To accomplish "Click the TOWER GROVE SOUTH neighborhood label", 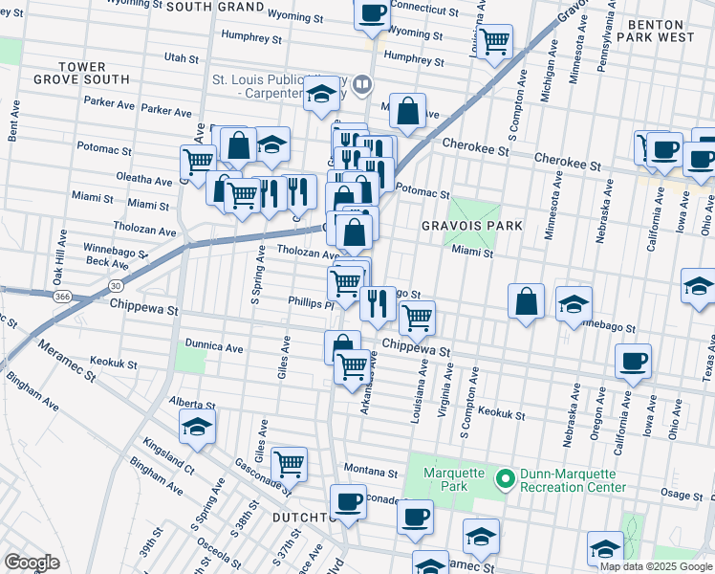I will point(93,73).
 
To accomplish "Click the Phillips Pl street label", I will point(310,303).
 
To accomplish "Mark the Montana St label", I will point(371,473).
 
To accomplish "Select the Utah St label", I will point(182,58).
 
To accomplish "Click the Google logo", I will point(32,563).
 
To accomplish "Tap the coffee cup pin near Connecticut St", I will point(373,14).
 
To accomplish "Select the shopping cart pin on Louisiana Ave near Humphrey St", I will point(495,40).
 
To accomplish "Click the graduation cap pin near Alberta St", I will point(198,427).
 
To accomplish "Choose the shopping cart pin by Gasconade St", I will point(289,465).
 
